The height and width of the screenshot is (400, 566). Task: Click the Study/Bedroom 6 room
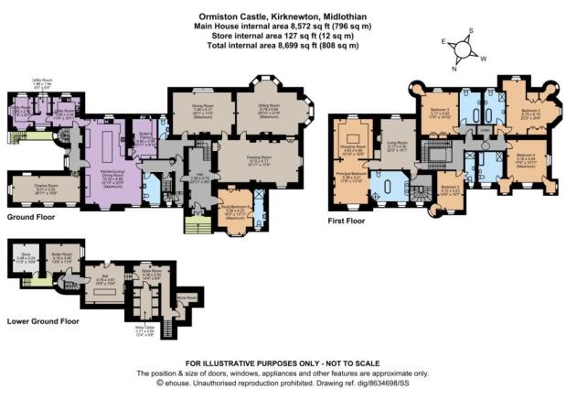pos(237,206)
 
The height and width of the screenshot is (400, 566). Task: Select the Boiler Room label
pos(67,256)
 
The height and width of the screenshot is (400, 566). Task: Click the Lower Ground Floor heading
pos(40,321)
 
